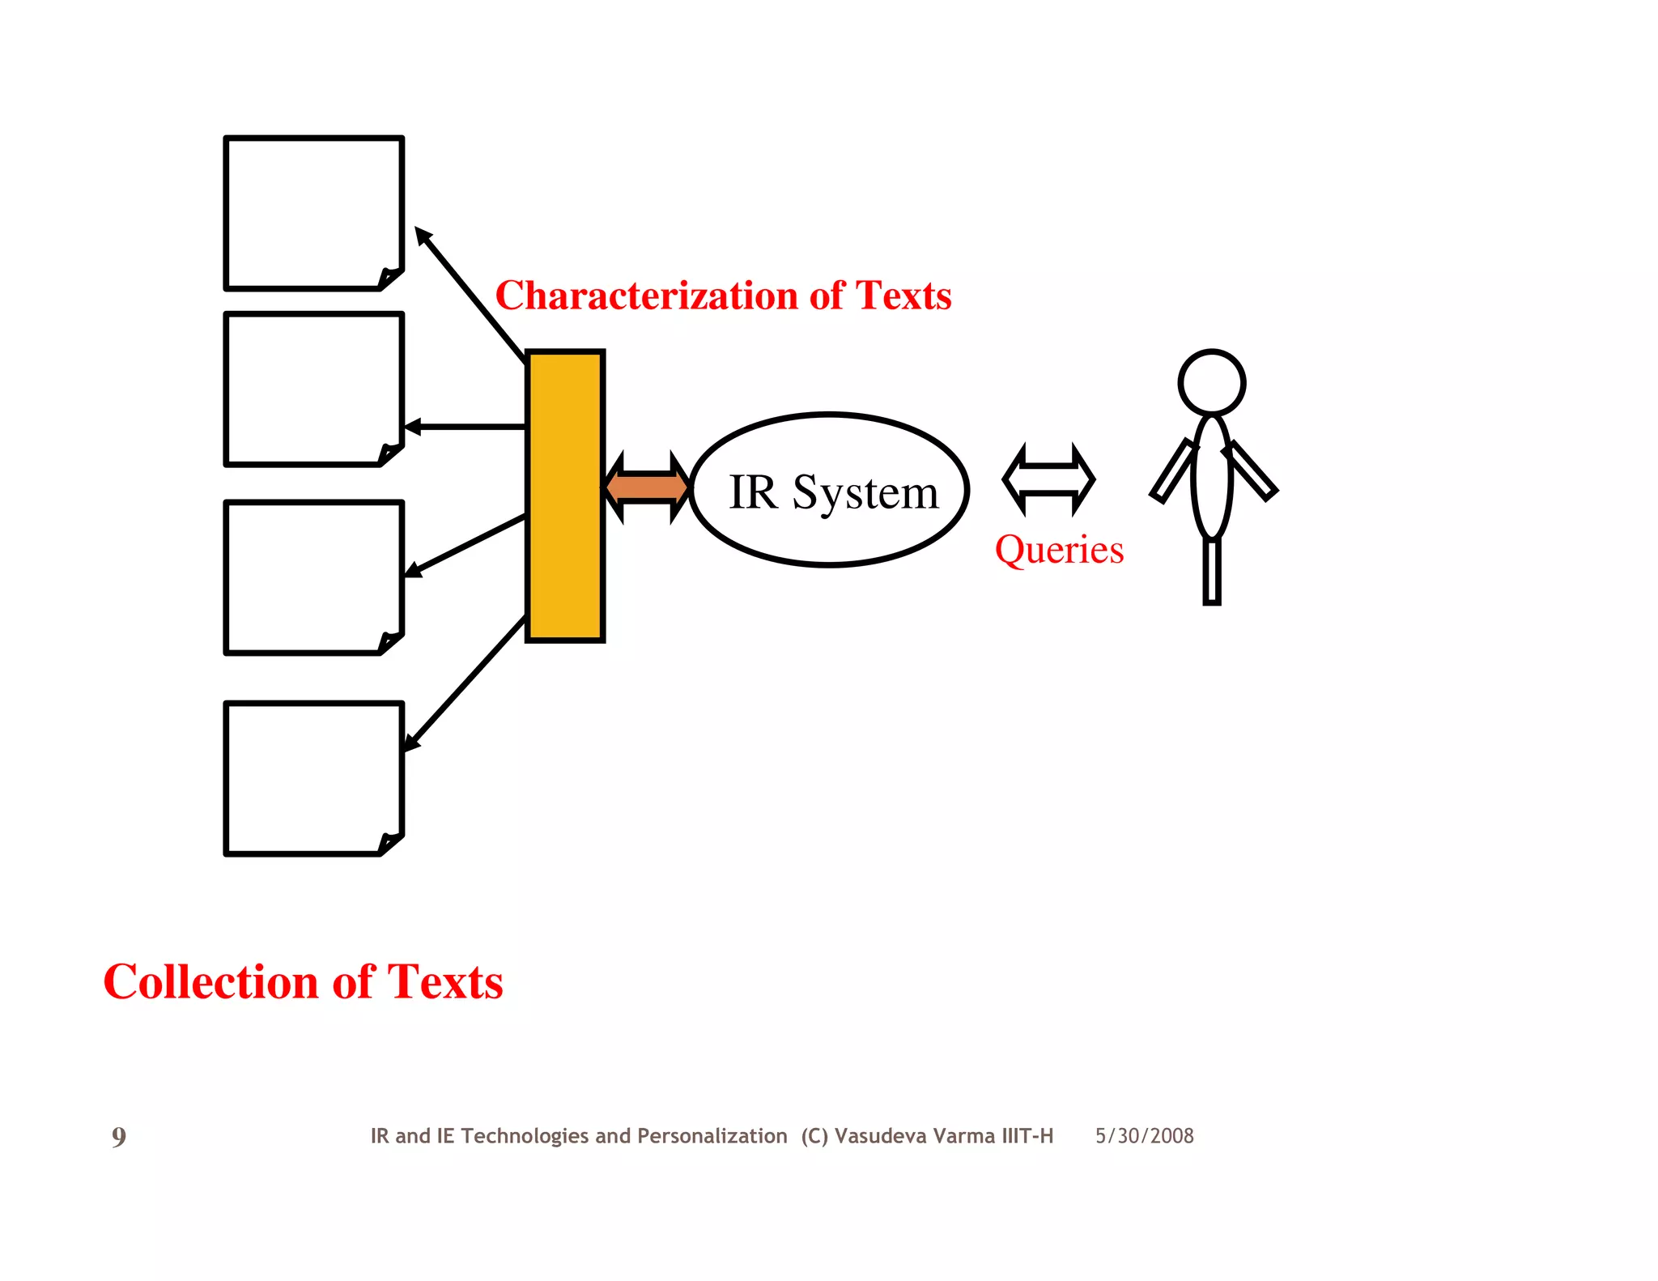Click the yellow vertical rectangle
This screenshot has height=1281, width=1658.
tap(565, 496)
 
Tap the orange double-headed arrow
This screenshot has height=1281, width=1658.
tap(647, 487)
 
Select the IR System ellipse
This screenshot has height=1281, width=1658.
tap(830, 490)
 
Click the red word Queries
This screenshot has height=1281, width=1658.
tap(1059, 550)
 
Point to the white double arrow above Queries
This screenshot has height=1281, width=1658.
tap(1048, 479)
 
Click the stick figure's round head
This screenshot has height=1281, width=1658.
tap(1211, 383)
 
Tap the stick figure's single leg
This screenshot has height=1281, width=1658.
tap(1211, 571)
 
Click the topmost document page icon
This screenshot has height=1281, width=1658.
tap(313, 213)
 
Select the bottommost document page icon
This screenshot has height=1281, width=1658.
tap(313, 778)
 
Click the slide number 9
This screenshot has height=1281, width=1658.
tap(119, 1137)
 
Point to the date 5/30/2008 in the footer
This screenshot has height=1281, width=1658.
tap(1144, 1136)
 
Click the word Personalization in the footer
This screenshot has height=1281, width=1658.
tap(712, 1136)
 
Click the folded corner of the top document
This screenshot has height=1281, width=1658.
tap(390, 279)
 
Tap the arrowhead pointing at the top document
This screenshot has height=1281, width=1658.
tap(423, 236)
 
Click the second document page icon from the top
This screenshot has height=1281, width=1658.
tap(313, 389)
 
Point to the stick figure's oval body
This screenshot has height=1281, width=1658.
tap(1211, 478)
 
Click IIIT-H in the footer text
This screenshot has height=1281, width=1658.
tap(1027, 1136)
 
